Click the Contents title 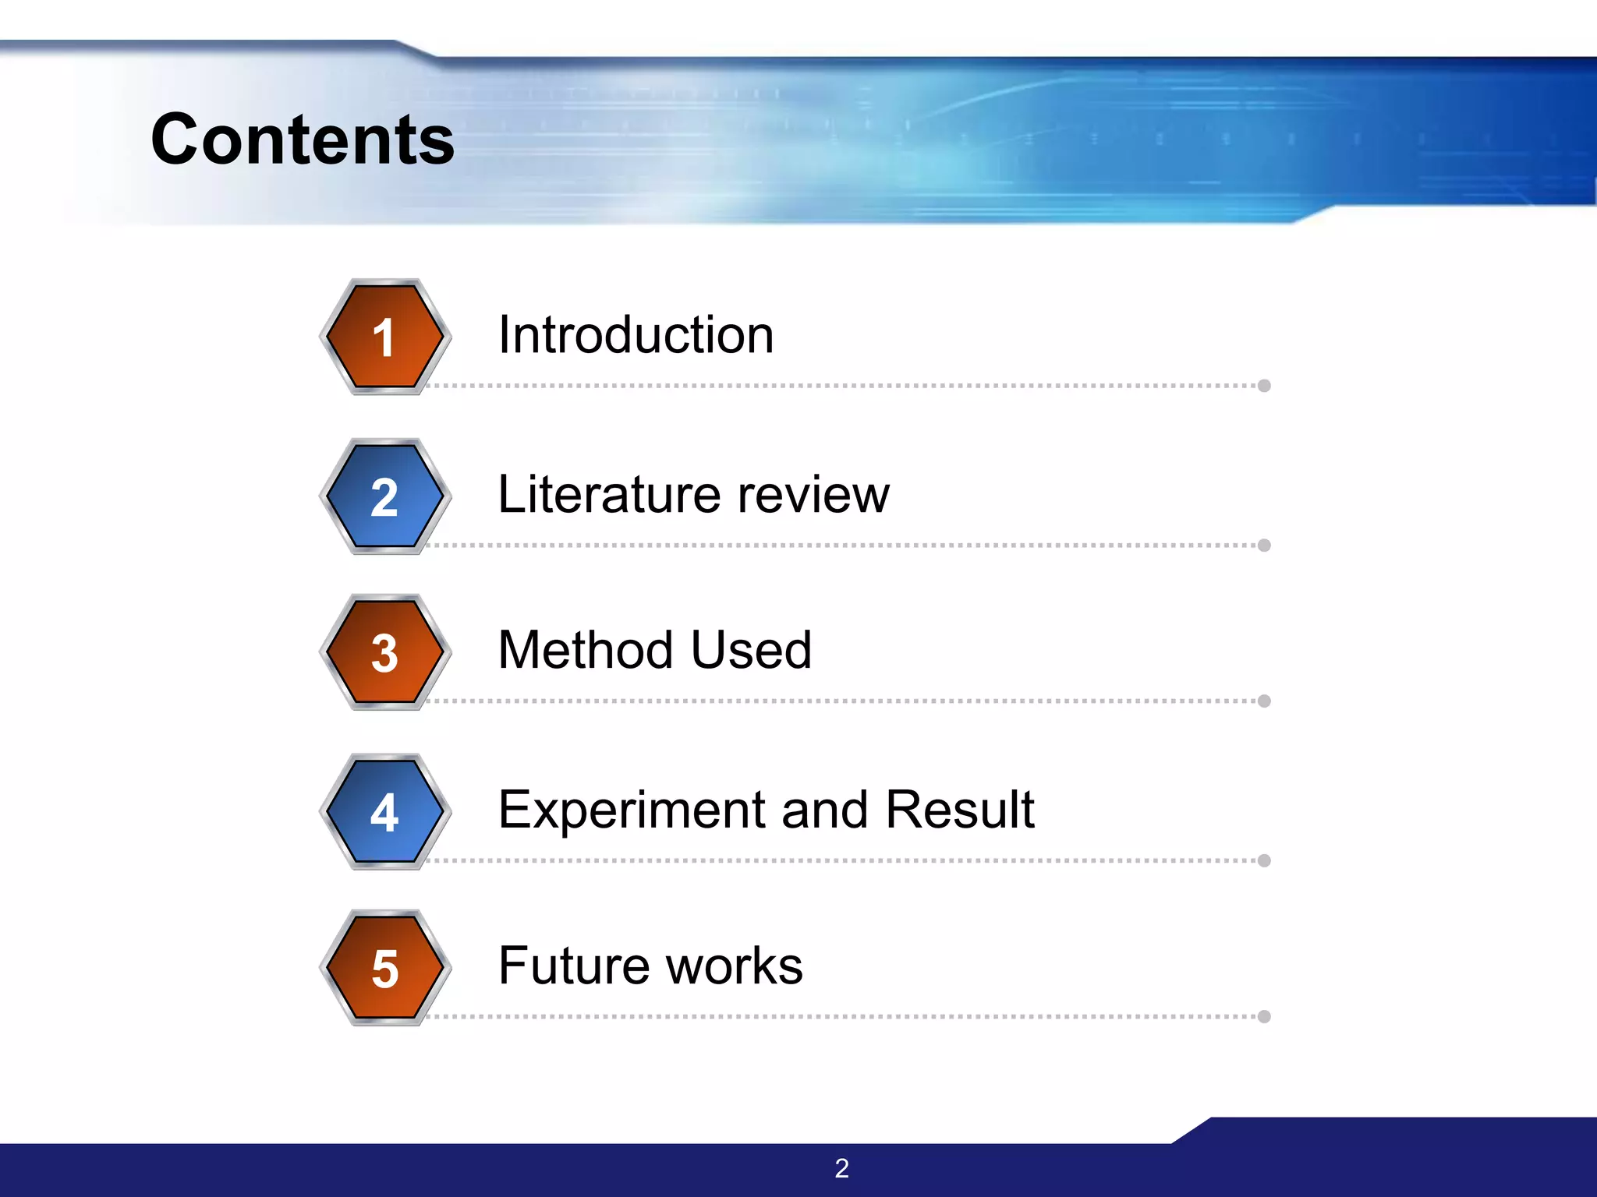tap(303, 140)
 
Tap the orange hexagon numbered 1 tap(384, 337)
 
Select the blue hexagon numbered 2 tap(384, 496)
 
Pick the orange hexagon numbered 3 tap(384, 652)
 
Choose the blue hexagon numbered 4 tap(384, 812)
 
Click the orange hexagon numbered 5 tap(384, 968)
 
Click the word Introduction tap(636, 335)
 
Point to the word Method tap(586, 650)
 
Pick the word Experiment tap(631, 810)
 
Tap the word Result tap(960, 810)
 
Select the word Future tap(574, 966)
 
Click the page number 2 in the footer tap(841, 1168)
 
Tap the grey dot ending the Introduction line tap(1264, 386)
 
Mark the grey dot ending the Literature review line tap(1264, 546)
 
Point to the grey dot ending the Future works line tap(1264, 1016)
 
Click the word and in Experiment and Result tap(824, 810)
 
